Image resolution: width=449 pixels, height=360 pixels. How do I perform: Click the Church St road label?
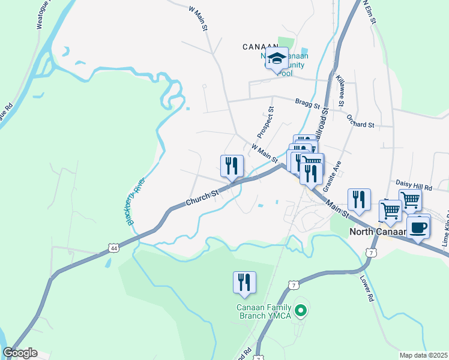pyautogui.click(x=202, y=196)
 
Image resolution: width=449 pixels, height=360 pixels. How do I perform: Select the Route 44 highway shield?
pyautogui.click(x=114, y=247)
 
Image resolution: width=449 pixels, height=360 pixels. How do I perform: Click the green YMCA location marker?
pyautogui.click(x=303, y=310)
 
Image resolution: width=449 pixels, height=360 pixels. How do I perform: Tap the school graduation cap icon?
pyautogui.click(x=277, y=59)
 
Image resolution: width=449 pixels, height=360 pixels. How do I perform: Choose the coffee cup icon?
pyautogui.click(x=419, y=227)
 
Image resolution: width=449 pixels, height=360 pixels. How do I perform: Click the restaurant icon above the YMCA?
pyautogui.click(x=244, y=282)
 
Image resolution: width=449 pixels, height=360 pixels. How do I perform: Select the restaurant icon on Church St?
pyautogui.click(x=232, y=166)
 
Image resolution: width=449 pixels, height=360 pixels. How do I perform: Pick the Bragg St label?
pyautogui.click(x=308, y=104)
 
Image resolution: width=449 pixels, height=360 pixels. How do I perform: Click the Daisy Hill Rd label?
pyautogui.click(x=414, y=186)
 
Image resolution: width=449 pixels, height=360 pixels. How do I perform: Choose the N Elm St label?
pyautogui.click(x=369, y=13)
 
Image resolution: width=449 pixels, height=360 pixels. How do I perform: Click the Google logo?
pyautogui.click(x=20, y=353)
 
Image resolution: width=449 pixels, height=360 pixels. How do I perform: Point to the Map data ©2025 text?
pyautogui.click(x=424, y=355)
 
